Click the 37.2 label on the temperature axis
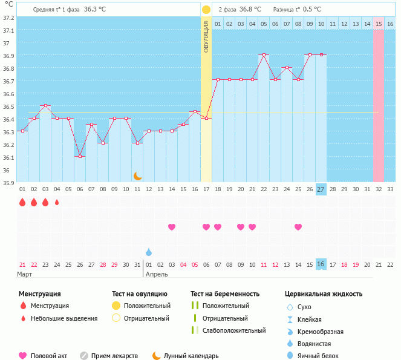8,18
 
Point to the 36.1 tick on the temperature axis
8,157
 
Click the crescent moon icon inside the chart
138,176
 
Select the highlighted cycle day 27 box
321,189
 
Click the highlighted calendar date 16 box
321,264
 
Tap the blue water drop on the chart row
149,252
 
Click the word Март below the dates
25,274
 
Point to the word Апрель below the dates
157,274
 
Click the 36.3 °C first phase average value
98,10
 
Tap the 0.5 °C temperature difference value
312,10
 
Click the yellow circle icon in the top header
206,10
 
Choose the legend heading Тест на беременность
224,294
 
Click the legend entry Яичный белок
322,356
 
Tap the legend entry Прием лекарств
114,356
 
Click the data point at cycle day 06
80,156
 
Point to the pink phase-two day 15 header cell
379,24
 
